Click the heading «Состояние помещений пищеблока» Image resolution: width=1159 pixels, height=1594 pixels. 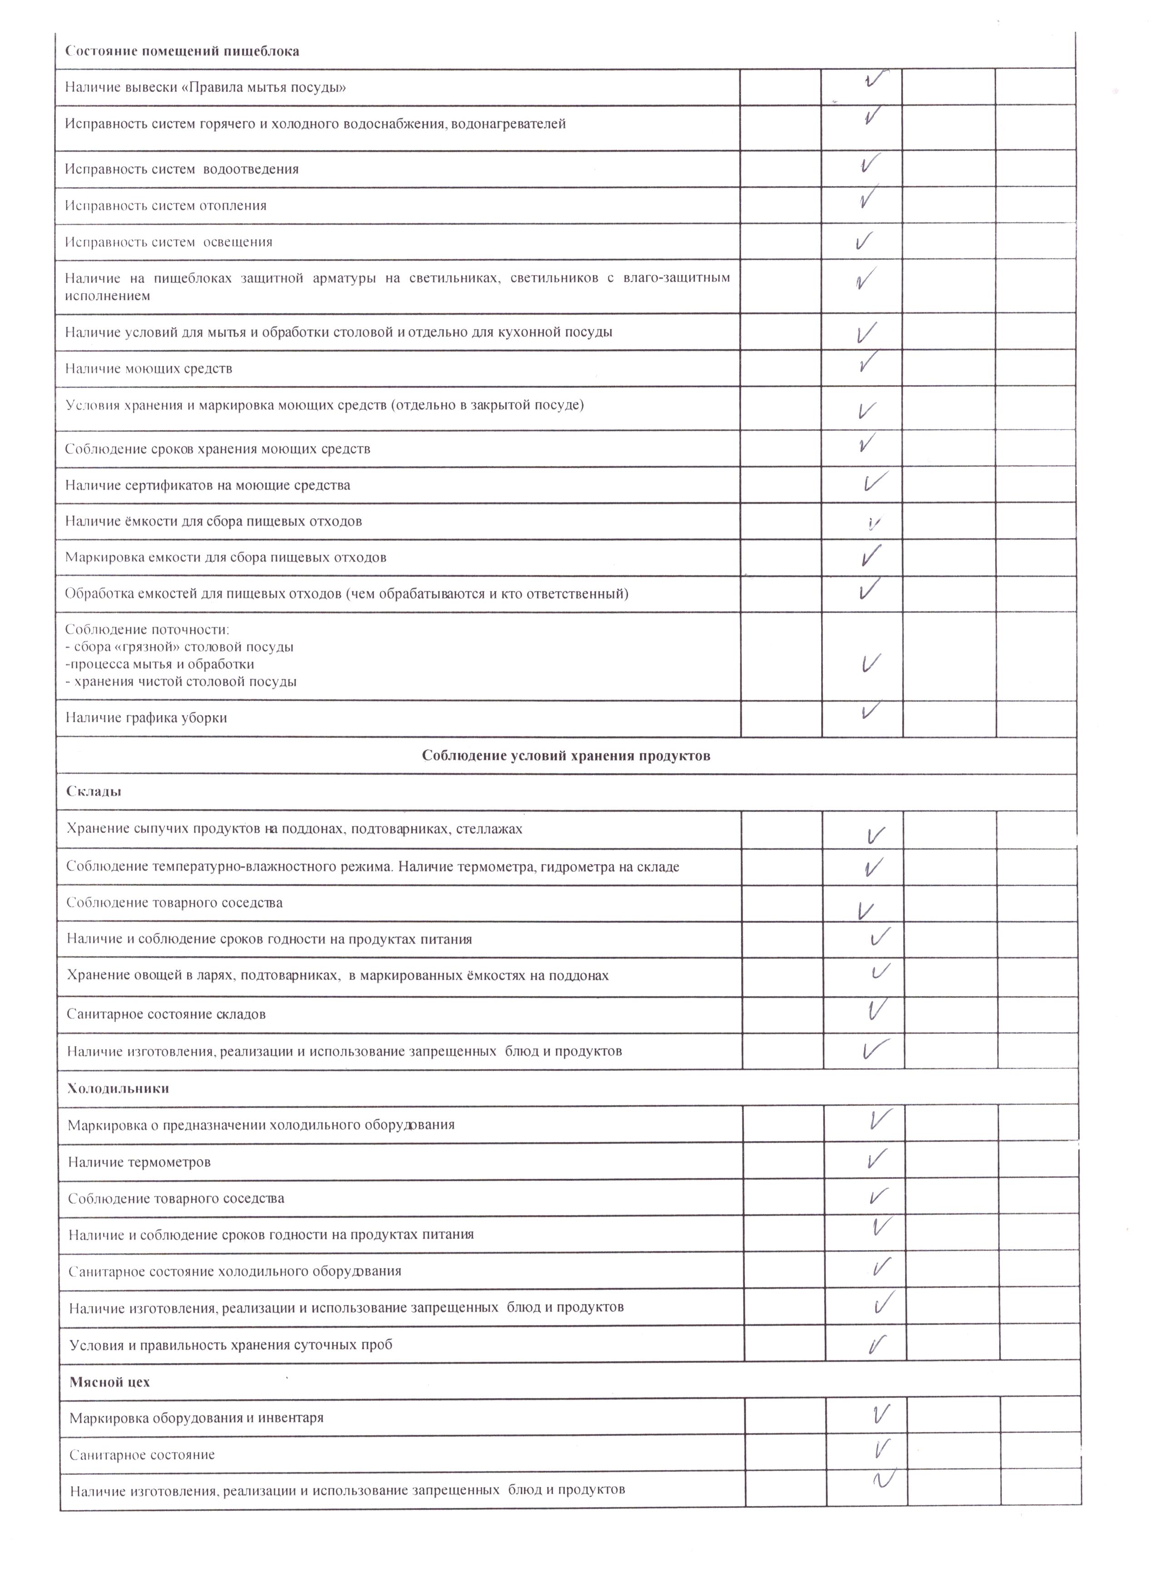tap(182, 51)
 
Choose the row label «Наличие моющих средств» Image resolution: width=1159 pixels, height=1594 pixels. tap(149, 369)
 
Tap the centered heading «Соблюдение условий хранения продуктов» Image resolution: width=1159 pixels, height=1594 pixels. tap(566, 756)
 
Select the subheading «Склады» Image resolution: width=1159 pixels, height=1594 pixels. tap(94, 792)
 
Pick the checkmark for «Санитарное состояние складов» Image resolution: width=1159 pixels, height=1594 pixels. tap(876, 1010)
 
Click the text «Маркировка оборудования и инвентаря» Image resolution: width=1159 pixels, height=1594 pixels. tap(196, 1418)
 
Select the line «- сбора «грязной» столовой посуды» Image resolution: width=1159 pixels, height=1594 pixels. tap(179, 647)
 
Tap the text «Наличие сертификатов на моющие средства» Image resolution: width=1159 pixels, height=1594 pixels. tap(208, 485)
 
